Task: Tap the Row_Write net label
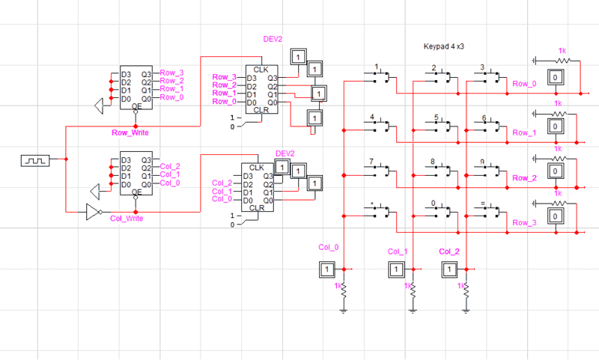(129, 132)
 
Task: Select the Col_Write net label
(127, 218)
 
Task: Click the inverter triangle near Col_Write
(93, 212)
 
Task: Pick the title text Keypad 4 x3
(446, 46)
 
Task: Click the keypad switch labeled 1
(380, 76)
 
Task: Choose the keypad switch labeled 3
(488, 76)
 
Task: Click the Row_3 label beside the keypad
(524, 223)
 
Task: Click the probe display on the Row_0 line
(555, 78)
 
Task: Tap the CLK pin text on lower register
(257, 168)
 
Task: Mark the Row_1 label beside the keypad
(524, 132)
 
